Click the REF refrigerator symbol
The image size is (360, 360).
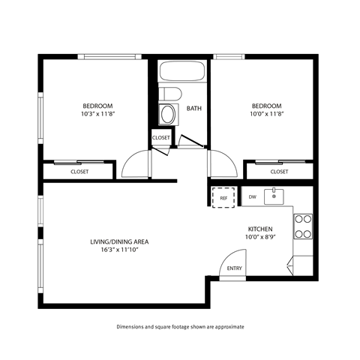point(222,197)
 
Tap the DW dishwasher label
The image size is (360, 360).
point(253,196)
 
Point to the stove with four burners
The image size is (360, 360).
point(303,226)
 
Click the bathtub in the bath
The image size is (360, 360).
point(182,73)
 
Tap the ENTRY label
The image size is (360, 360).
point(235,268)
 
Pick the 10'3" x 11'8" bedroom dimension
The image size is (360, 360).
point(97,115)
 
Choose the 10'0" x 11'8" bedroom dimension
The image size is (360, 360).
point(266,115)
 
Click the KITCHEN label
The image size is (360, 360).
point(260,229)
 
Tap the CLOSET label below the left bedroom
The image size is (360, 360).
point(79,172)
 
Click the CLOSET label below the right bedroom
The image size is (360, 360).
point(279,172)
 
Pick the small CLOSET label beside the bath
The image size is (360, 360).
point(161,138)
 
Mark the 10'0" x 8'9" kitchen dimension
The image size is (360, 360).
point(260,238)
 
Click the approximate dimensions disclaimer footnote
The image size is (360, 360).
point(180,327)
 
